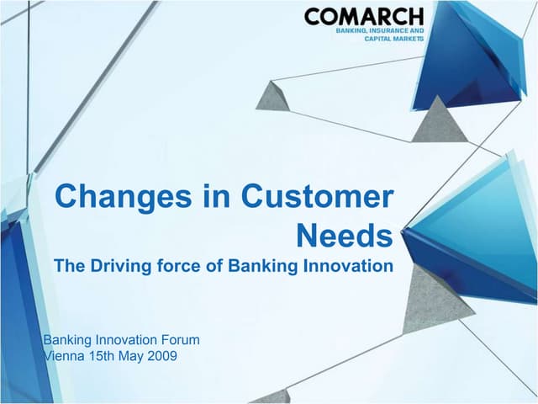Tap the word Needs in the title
point(345,237)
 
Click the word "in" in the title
point(207,197)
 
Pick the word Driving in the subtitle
point(117,266)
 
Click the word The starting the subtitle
point(69,266)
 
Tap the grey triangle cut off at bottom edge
point(273,396)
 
